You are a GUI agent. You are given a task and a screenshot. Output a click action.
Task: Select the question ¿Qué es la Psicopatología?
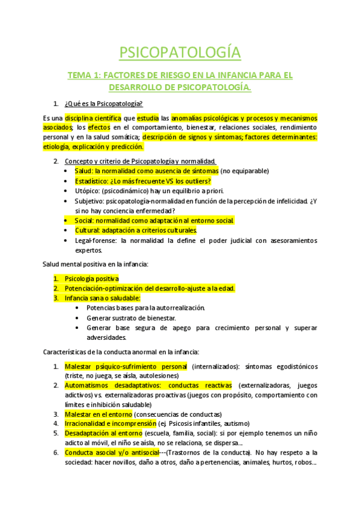click(103, 103)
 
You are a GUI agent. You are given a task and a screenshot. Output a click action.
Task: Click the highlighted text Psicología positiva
click(91, 278)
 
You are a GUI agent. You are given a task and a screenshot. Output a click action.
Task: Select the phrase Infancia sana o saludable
click(102, 298)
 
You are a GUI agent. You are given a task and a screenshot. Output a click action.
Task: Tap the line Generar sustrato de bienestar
click(131, 318)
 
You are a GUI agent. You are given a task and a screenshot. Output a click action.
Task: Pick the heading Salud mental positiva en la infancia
click(100, 264)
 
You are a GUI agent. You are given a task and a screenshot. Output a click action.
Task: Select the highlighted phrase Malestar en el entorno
click(98, 414)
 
